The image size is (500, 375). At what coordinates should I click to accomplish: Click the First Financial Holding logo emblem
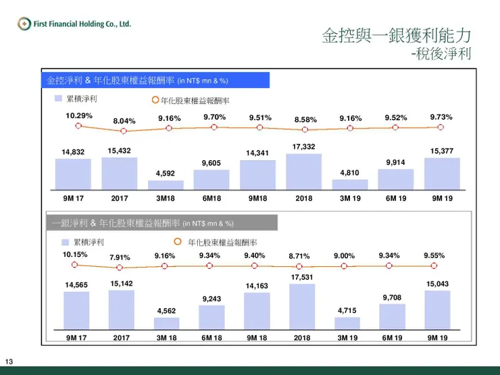coord(24,24)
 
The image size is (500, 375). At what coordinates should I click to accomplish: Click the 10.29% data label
coord(78,116)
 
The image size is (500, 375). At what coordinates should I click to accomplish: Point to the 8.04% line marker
coord(124,129)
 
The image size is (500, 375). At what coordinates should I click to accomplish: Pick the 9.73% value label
coord(441,117)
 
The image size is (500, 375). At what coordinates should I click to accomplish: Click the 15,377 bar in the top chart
coord(442,173)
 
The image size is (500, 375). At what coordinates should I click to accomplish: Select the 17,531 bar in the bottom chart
coord(303,306)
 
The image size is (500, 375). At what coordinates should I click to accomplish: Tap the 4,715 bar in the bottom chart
coord(347,323)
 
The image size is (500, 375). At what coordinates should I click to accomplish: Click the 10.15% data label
coord(76,255)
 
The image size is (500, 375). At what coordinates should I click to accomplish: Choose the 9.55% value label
coord(435,255)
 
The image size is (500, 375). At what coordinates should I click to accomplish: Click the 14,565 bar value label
coord(76,285)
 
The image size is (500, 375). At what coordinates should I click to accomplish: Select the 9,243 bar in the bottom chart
coord(211,317)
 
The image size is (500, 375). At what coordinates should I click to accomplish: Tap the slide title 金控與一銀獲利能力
coord(396,35)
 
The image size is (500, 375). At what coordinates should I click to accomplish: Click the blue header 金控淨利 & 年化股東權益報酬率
coord(155,80)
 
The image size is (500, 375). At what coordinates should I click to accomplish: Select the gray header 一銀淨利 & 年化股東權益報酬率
coord(159,223)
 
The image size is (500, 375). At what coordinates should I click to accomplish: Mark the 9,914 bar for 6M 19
coord(395,178)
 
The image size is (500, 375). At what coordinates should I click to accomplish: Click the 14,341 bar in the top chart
coord(257,174)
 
